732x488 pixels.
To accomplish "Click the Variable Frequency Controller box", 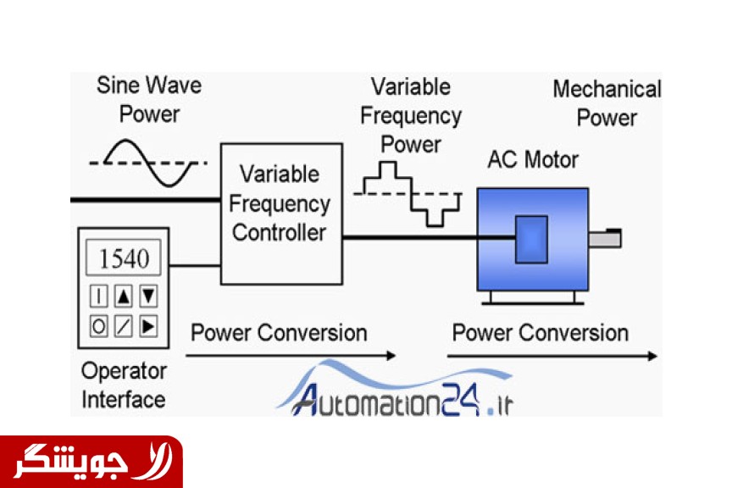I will (x=281, y=213).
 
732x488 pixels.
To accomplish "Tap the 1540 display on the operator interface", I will (x=124, y=258).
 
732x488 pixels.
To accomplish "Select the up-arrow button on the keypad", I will (x=124, y=296).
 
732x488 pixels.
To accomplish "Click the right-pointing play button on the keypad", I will (x=148, y=324).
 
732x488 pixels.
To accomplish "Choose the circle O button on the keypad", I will (x=99, y=324).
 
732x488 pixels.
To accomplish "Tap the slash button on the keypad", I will (x=124, y=324).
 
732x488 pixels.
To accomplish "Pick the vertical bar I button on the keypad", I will (x=99, y=296).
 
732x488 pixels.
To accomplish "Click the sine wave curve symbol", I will (x=148, y=161).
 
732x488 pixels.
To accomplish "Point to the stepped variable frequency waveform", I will (x=408, y=194).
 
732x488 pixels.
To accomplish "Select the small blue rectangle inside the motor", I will (x=531, y=239).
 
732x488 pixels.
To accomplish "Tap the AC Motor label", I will (x=533, y=159).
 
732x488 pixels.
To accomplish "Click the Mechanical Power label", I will (x=607, y=103).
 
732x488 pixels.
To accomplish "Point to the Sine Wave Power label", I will (x=149, y=99).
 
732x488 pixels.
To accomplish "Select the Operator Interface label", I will (x=124, y=385).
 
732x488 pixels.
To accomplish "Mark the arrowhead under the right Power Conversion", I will (x=652, y=357).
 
